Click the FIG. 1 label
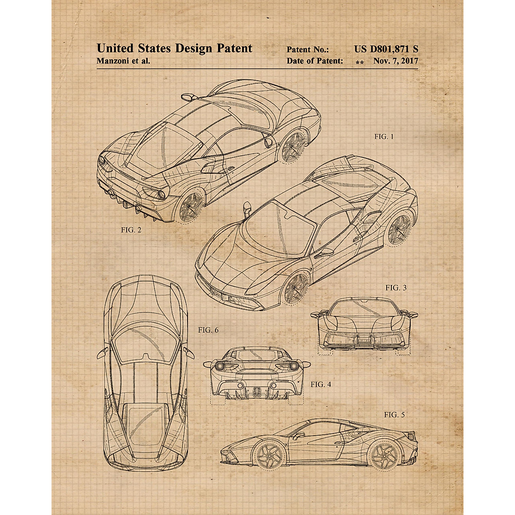[384, 137]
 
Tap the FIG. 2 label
[131, 230]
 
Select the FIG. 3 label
[395, 288]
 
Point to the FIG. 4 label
[321, 385]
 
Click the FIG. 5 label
[394, 415]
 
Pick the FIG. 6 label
[208, 330]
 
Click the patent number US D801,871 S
[386, 49]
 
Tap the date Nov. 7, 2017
[395, 61]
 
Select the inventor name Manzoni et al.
[123, 61]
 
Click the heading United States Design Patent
[174, 48]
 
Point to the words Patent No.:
[308, 50]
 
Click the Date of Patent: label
[315, 61]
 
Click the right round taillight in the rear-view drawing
[294, 366]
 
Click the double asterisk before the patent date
[360, 63]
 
